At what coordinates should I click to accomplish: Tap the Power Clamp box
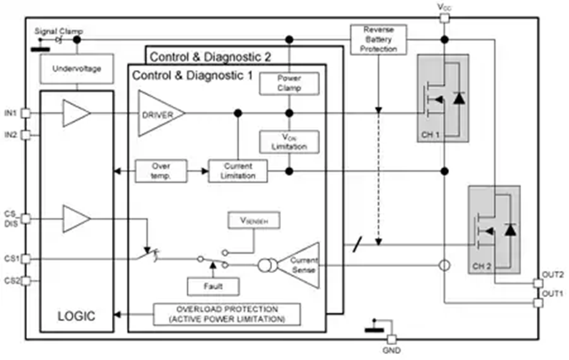pyautogui.click(x=290, y=84)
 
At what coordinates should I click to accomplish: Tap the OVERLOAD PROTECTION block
pyautogui.click(x=227, y=313)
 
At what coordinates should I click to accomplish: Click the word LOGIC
pyautogui.click(x=77, y=315)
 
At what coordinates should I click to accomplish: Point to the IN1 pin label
pyautogui.click(x=11, y=113)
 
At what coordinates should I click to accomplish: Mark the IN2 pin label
pyautogui.click(x=11, y=134)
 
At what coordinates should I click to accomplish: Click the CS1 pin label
pyautogui.click(x=11, y=259)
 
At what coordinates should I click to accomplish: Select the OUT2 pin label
pyautogui.click(x=553, y=275)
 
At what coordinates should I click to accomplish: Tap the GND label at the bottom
pyautogui.click(x=391, y=351)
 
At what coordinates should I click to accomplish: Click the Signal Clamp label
pyautogui.click(x=59, y=31)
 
